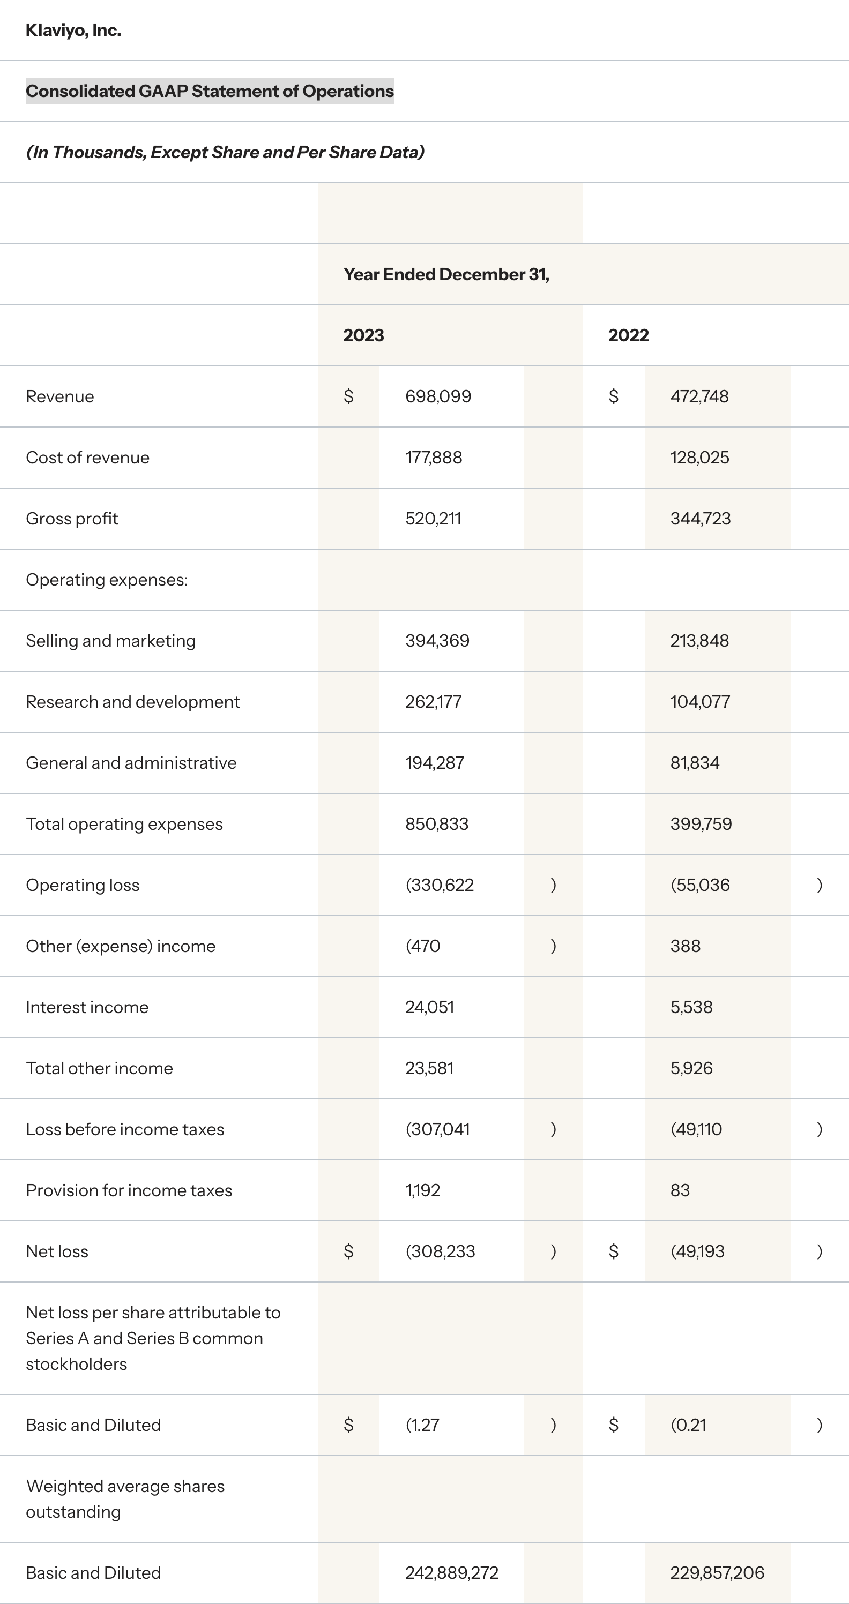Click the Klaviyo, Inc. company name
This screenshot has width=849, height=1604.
pos(73,30)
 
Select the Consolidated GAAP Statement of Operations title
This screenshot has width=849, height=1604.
pos(209,91)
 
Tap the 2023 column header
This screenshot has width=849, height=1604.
pos(363,335)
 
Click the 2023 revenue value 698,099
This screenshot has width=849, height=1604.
pos(438,396)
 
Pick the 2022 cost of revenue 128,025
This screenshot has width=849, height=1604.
pos(699,457)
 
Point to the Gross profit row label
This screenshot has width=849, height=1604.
pos(72,518)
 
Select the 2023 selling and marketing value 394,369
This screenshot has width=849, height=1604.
pos(437,640)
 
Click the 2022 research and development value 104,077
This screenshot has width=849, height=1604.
pos(699,701)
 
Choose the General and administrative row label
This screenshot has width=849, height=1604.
pos(131,762)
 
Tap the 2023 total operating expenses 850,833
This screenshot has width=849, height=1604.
pos(437,823)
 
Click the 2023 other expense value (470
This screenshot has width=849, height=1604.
pos(423,945)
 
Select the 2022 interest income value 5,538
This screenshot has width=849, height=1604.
pos(691,1006)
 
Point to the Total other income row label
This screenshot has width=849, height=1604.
pos(99,1067)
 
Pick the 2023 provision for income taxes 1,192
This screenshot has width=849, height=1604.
pos(422,1189)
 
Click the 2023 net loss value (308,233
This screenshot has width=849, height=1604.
pos(440,1250)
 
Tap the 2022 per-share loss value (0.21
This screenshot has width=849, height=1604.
pos(688,1424)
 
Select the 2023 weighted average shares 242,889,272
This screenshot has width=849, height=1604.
pos(452,1572)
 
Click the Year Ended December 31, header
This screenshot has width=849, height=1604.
pos(446,274)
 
